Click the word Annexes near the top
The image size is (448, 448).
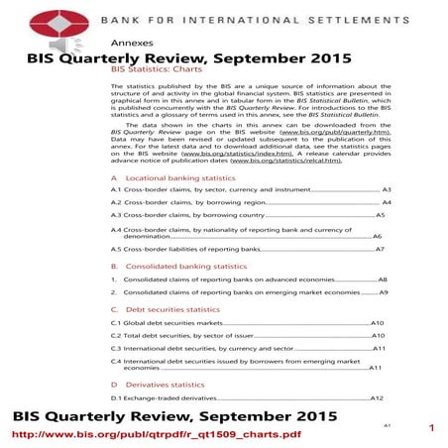pos(131,45)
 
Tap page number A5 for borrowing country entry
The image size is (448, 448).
pos(380,215)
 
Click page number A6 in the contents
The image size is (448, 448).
pos(377,238)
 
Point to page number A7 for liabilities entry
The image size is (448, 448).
pos(380,251)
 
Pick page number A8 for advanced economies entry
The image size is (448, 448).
pos(384,280)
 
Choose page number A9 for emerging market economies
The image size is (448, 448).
pos(384,293)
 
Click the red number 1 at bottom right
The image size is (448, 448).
pos(432,428)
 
